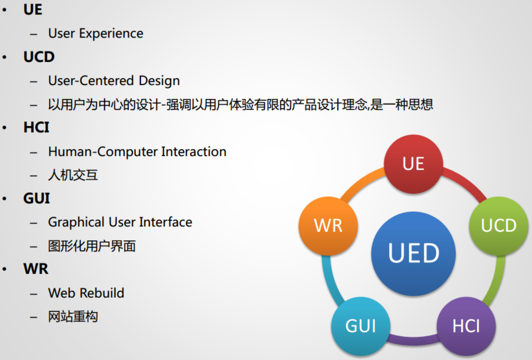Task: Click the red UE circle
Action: tap(413, 164)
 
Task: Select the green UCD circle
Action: tap(498, 226)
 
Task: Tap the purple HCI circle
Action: tap(466, 326)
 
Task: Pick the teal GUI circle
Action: tap(360, 326)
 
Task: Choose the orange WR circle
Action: tap(328, 226)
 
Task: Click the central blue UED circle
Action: tap(413, 253)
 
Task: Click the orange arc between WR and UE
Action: tap(362, 183)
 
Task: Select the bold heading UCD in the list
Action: tap(39, 57)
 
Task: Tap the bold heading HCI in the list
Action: tap(36, 127)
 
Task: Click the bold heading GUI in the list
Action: tap(36, 198)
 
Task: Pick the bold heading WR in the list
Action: tap(36, 269)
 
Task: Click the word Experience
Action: tap(111, 33)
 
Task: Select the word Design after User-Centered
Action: tap(159, 81)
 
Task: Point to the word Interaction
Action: tap(194, 151)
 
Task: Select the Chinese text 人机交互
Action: tap(73, 175)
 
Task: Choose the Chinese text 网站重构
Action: tap(73, 317)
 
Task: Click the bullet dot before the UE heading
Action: tap(4, 10)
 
